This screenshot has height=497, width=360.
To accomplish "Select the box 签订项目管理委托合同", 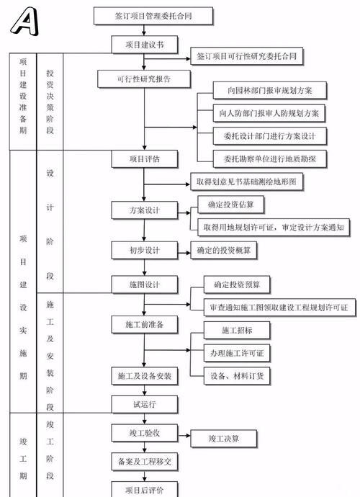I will click(144, 14).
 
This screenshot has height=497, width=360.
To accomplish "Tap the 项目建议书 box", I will click(143, 45).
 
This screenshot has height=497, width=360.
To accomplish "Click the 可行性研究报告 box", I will click(143, 78).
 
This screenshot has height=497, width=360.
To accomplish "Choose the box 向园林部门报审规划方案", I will click(271, 91).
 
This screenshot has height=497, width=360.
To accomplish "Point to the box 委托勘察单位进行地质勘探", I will click(271, 158).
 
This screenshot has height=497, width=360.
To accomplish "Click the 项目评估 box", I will click(144, 158).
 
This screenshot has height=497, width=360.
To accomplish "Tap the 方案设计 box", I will click(144, 211).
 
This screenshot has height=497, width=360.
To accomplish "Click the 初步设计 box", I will click(144, 250).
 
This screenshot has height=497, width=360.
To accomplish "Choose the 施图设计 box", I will click(144, 285).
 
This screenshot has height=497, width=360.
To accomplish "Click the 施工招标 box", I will click(237, 331).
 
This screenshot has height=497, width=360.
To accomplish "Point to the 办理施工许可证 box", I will click(237, 353).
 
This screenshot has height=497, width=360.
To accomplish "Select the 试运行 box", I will click(144, 404).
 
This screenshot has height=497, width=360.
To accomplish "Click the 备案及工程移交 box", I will click(144, 460).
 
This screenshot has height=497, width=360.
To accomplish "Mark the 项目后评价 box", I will click(144, 490).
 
